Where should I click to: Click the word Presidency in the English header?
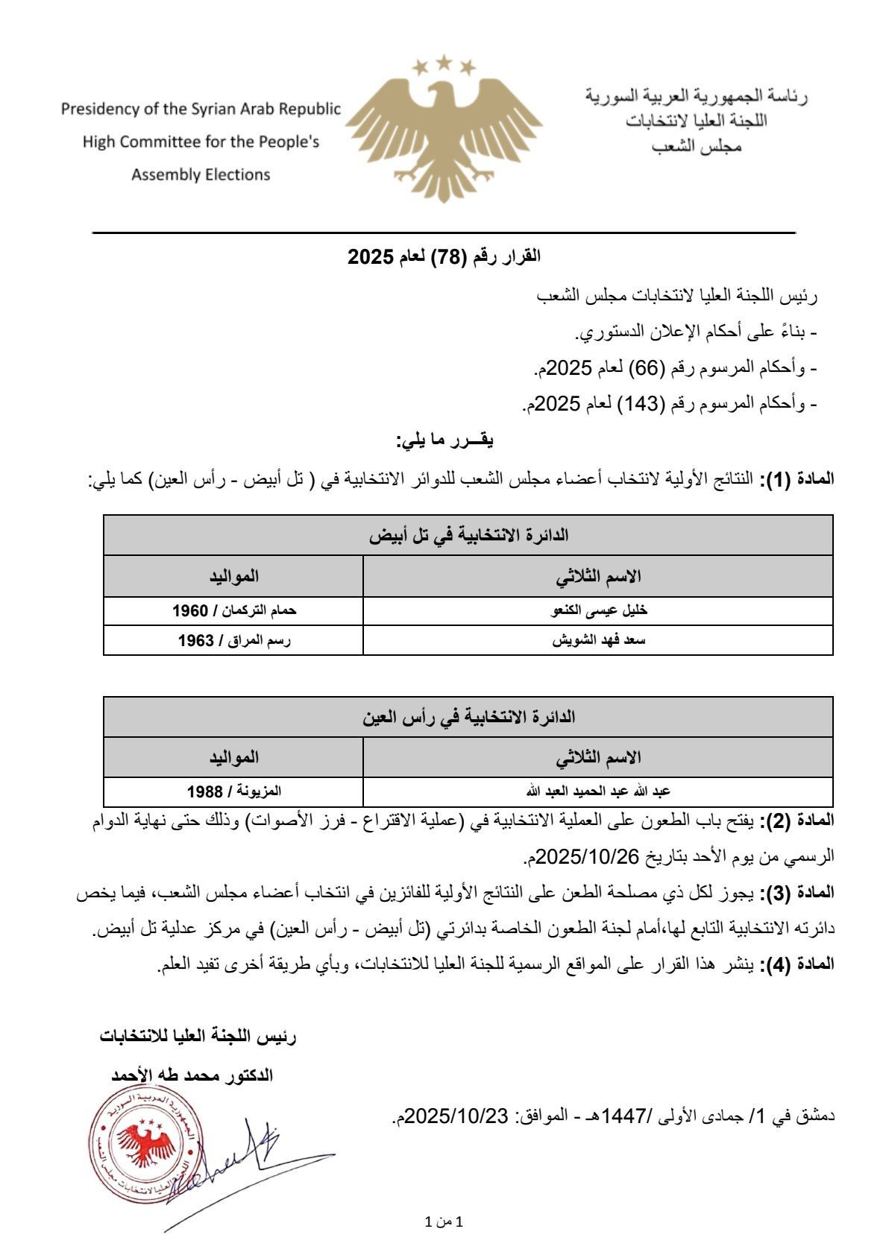[99, 110]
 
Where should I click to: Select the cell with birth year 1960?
[234, 610]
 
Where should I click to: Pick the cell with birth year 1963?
[234, 640]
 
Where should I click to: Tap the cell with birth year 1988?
[234, 790]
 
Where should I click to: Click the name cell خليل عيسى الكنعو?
[599, 610]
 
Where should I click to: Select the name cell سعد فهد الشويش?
[598, 640]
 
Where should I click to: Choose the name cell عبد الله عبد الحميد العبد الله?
[599, 790]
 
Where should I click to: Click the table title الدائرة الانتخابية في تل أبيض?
[469, 535]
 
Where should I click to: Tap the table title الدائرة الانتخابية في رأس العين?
[469, 717]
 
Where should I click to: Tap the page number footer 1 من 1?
[444, 1223]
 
